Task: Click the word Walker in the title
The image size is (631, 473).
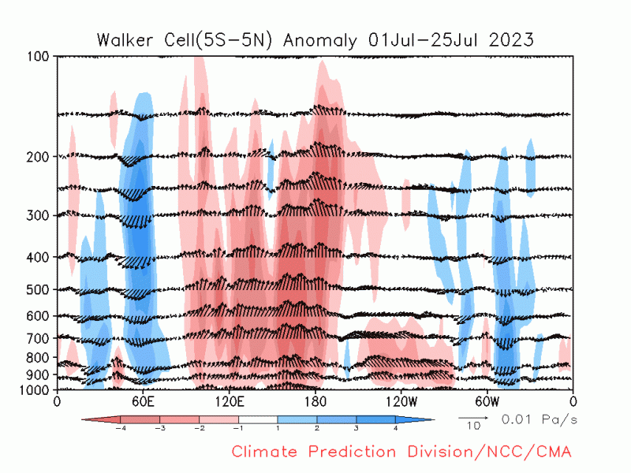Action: click(x=123, y=39)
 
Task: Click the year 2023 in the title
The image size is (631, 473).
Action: click(x=512, y=39)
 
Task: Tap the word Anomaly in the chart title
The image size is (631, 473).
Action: click(x=323, y=39)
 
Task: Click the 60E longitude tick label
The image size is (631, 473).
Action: click(x=143, y=400)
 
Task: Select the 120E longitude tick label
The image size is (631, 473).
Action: click(x=229, y=400)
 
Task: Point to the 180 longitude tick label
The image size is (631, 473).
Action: click(x=315, y=400)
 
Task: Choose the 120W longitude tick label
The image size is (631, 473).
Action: click(x=401, y=400)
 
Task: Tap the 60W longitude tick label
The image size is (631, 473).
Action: click(x=487, y=400)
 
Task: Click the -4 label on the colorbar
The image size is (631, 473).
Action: click(x=120, y=429)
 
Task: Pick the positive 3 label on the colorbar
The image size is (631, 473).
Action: click(x=357, y=429)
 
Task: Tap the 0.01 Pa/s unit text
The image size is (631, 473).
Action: click(x=540, y=419)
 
